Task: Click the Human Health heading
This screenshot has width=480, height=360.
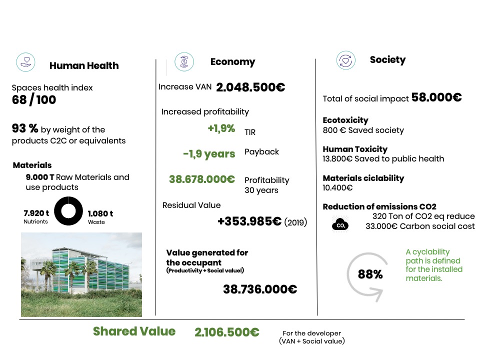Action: [84, 65]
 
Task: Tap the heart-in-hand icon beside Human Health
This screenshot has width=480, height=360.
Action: [25, 62]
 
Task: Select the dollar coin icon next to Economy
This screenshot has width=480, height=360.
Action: [183, 62]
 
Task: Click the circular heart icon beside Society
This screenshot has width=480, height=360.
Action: [345, 60]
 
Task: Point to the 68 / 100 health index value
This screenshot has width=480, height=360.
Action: [34, 100]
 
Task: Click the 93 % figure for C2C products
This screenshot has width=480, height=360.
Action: [25, 129]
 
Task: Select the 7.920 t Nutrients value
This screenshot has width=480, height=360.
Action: [35, 213]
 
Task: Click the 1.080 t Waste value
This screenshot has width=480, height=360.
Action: [100, 213]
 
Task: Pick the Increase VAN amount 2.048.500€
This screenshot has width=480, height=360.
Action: [250, 87]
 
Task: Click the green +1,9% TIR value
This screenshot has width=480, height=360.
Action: [221, 128]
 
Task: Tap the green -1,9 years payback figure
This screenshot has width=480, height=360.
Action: [209, 153]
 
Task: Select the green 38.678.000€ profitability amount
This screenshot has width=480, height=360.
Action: [202, 179]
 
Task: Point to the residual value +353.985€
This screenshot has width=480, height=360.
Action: [249, 221]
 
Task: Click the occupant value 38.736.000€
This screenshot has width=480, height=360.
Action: [260, 289]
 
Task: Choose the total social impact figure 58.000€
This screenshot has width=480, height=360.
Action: [436, 97]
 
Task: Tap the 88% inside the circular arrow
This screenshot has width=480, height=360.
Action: [370, 274]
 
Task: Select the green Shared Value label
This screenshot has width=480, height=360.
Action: [134, 331]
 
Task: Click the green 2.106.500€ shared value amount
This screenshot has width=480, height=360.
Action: [227, 332]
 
